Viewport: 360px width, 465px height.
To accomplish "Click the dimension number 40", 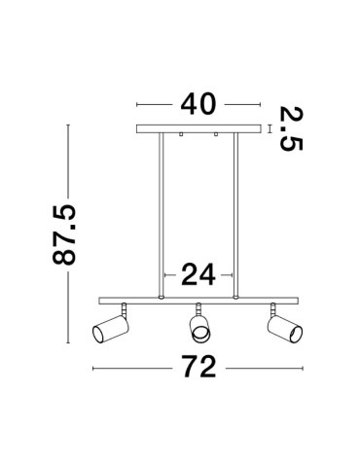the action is click(x=198, y=104).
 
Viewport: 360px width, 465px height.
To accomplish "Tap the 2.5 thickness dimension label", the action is click(x=291, y=128).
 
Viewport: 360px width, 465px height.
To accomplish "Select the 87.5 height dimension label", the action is click(x=64, y=234).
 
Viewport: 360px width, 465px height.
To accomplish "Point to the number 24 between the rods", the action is click(x=198, y=274).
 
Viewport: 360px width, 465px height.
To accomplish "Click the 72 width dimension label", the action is click(x=198, y=367).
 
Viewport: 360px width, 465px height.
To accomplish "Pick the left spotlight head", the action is click(x=111, y=328).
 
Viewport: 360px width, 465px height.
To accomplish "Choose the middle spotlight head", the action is click(x=199, y=328).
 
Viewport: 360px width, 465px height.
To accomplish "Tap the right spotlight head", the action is click(x=285, y=329).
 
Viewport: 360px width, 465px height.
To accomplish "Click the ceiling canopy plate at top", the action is click(x=198, y=128).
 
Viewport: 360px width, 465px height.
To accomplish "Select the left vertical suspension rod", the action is click(x=161, y=214).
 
